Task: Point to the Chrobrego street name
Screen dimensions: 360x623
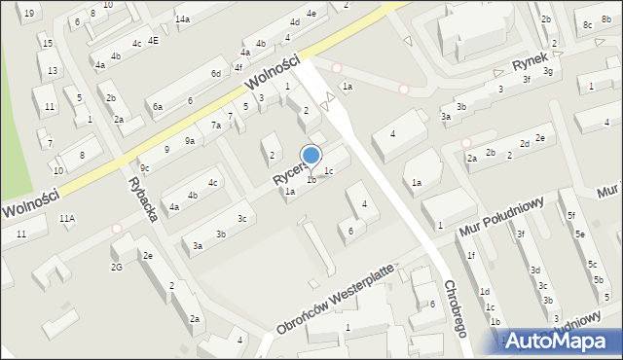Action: [x=456, y=309]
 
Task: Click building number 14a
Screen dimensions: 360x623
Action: [x=182, y=19]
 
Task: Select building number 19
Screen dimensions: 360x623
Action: [x=28, y=13]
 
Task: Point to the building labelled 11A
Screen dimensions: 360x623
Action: [x=66, y=220]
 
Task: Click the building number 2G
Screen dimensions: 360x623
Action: [x=117, y=267]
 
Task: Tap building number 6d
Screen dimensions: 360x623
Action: [x=216, y=74]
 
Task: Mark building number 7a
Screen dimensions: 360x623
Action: [x=216, y=126]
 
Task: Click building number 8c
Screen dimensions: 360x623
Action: [x=588, y=24]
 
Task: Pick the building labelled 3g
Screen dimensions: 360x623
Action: [x=548, y=71]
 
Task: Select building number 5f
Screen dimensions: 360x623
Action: [x=572, y=215]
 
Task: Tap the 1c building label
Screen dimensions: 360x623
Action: [x=330, y=172]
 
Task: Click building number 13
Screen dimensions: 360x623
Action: [x=53, y=71]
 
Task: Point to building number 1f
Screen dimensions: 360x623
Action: [x=471, y=256]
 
